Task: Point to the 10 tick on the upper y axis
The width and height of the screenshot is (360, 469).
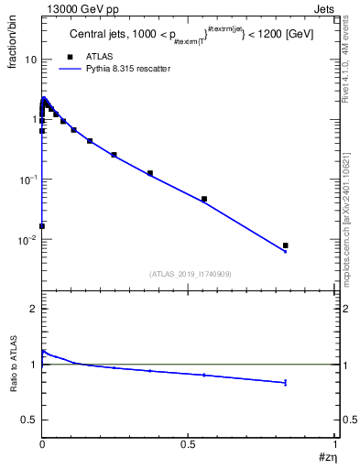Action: point(29,59)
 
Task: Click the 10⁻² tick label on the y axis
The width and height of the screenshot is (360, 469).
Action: point(27,240)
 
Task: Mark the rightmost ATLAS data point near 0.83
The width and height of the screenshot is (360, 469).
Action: point(286,245)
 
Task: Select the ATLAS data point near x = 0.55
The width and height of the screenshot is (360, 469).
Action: point(204,199)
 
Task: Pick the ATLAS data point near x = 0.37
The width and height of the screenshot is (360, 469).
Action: point(150,173)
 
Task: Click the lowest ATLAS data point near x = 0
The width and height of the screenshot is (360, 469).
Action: point(42,225)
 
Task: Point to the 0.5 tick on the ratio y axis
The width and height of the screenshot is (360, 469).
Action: point(30,420)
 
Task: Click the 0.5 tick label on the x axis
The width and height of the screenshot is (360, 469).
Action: point(189,443)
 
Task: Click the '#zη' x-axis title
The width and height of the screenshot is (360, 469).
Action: point(328,457)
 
